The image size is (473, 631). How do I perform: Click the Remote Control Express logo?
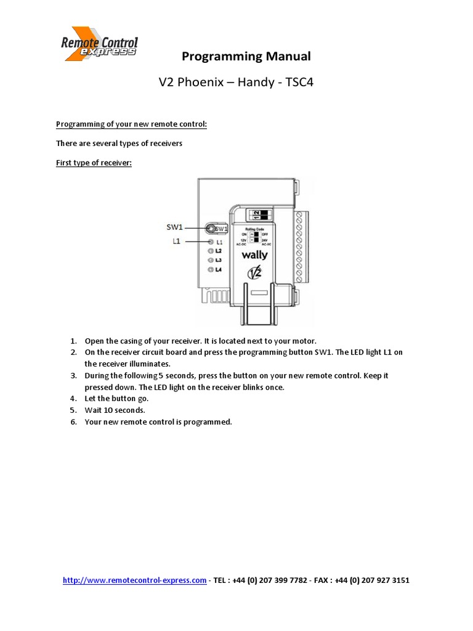99,44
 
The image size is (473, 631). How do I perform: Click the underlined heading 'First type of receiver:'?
94,163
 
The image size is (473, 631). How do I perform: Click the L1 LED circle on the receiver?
211,243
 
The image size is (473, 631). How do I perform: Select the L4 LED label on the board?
218,270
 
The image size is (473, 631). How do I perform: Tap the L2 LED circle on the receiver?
211,251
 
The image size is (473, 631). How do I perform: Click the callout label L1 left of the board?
176,242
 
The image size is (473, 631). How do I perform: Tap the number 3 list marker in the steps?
73,375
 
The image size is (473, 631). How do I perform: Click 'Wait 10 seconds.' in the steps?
115,410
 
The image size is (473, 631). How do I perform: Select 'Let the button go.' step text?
117,399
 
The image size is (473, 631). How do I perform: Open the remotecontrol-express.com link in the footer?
134,580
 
